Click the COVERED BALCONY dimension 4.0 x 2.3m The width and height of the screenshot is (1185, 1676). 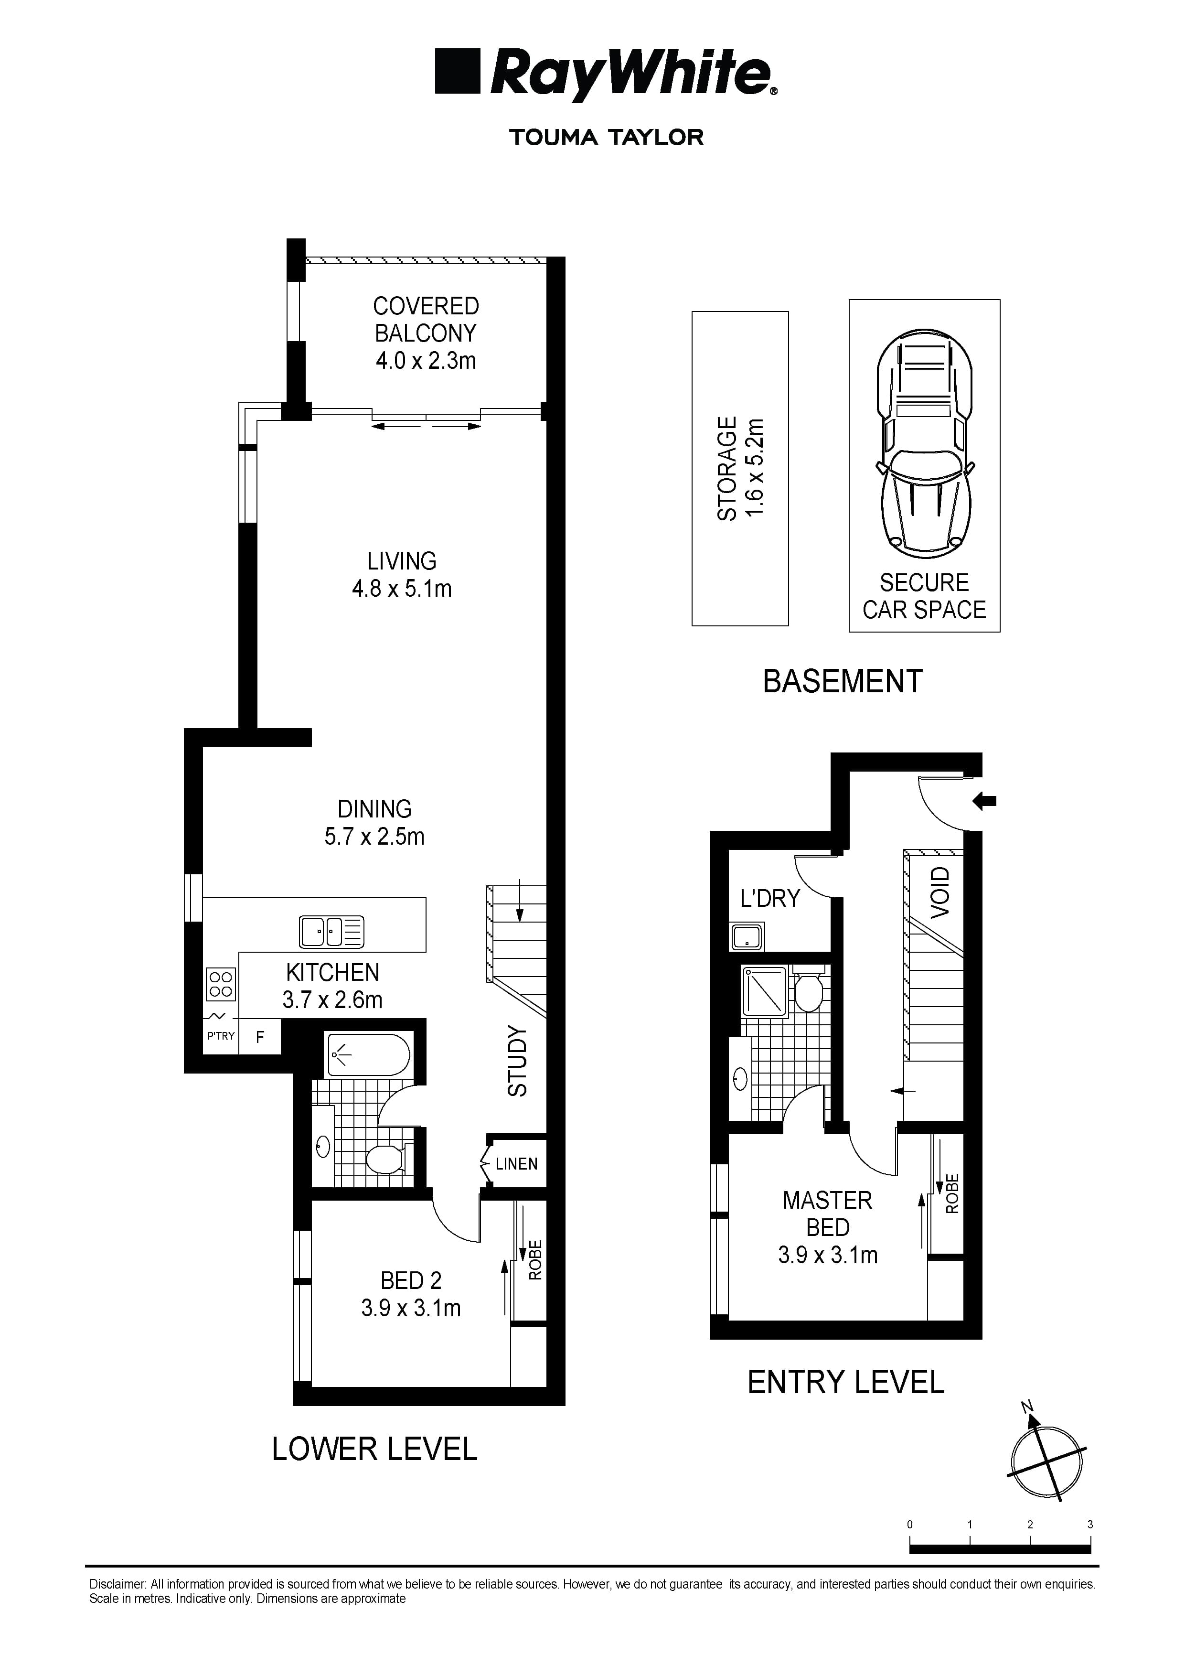pyautogui.click(x=426, y=361)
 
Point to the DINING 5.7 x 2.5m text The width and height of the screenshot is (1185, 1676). pyautogui.click(x=374, y=823)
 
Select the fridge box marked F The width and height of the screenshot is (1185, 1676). pyautogui.click(x=260, y=1037)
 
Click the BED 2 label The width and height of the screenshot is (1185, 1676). pyautogui.click(x=411, y=1280)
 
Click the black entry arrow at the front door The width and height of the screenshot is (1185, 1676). pyautogui.click(x=985, y=802)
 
